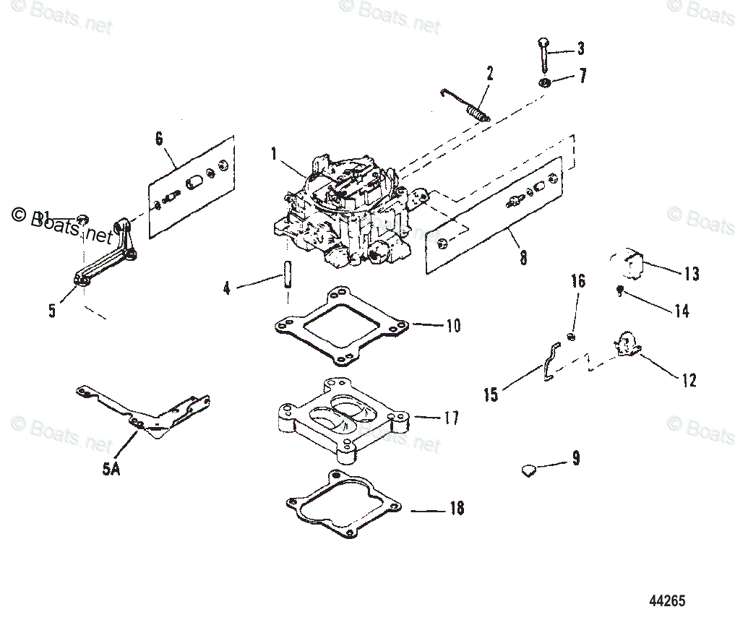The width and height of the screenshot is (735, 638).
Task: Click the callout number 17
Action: [x=451, y=418]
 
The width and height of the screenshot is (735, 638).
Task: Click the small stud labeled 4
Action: [x=287, y=275]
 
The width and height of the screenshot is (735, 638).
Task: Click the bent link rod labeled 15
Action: [x=549, y=361]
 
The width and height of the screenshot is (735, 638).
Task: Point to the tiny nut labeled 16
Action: [x=572, y=337]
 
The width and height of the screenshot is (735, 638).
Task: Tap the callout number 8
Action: [x=523, y=257]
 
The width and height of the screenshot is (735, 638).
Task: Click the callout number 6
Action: [x=159, y=139]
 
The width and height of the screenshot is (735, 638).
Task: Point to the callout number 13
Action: [x=691, y=274]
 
